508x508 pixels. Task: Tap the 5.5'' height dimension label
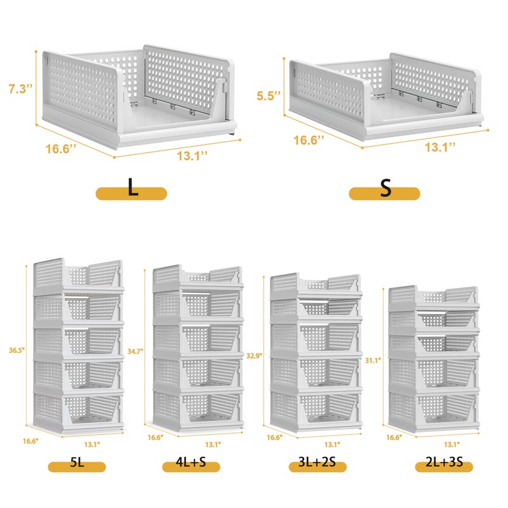coord(269,97)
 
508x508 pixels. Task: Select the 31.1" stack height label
coord(373,360)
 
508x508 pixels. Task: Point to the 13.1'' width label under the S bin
coord(441,147)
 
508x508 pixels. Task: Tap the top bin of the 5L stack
coord(77,275)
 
